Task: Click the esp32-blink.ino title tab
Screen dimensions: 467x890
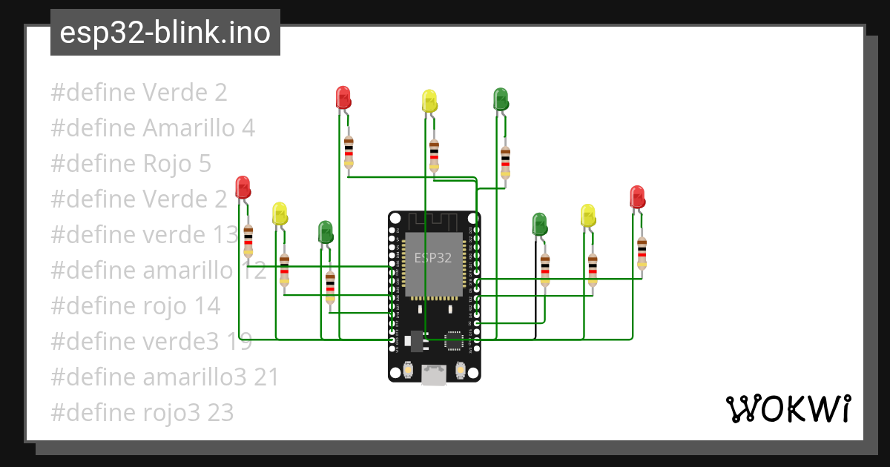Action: (165, 33)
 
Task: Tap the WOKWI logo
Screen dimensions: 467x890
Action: (788, 409)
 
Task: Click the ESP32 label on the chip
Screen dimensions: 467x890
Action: (432, 258)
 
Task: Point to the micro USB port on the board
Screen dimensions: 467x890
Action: (434, 374)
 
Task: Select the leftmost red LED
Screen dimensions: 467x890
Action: (243, 187)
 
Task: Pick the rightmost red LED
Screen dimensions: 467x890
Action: (637, 197)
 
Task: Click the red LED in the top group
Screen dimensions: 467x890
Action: (343, 97)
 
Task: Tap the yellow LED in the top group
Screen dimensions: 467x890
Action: (429, 101)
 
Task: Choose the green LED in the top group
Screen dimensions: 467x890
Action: (501, 99)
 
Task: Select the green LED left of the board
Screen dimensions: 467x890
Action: (325, 231)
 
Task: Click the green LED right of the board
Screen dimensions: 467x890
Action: (539, 224)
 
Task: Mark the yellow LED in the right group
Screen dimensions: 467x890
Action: (588, 215)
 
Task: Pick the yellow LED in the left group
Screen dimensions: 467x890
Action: (280, 213)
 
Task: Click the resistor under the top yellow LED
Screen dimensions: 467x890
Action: (434, 156)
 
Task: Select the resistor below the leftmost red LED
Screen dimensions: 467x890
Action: (248, 242)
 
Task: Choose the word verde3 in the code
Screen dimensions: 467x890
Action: (181, 342)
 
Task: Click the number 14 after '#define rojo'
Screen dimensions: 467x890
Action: (206, 306)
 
